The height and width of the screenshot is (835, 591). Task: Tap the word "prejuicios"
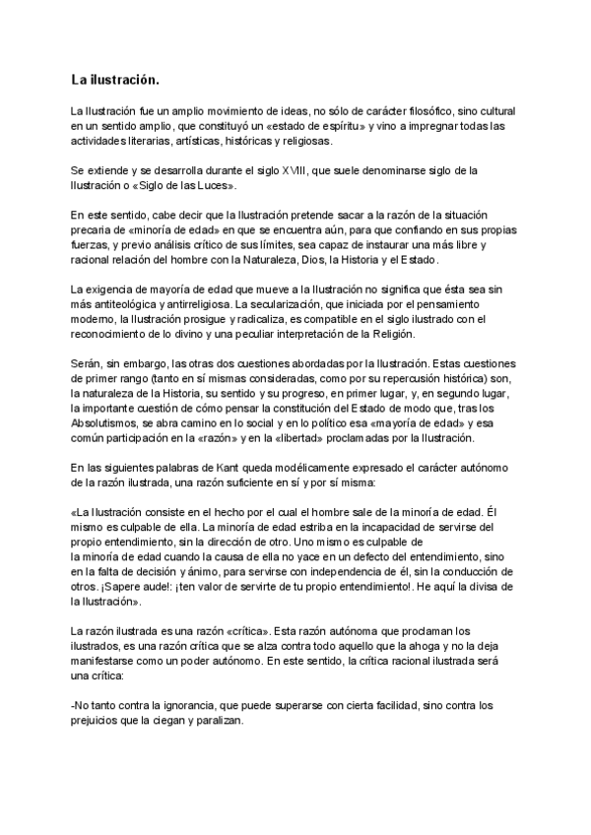click(x=99, y=720)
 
